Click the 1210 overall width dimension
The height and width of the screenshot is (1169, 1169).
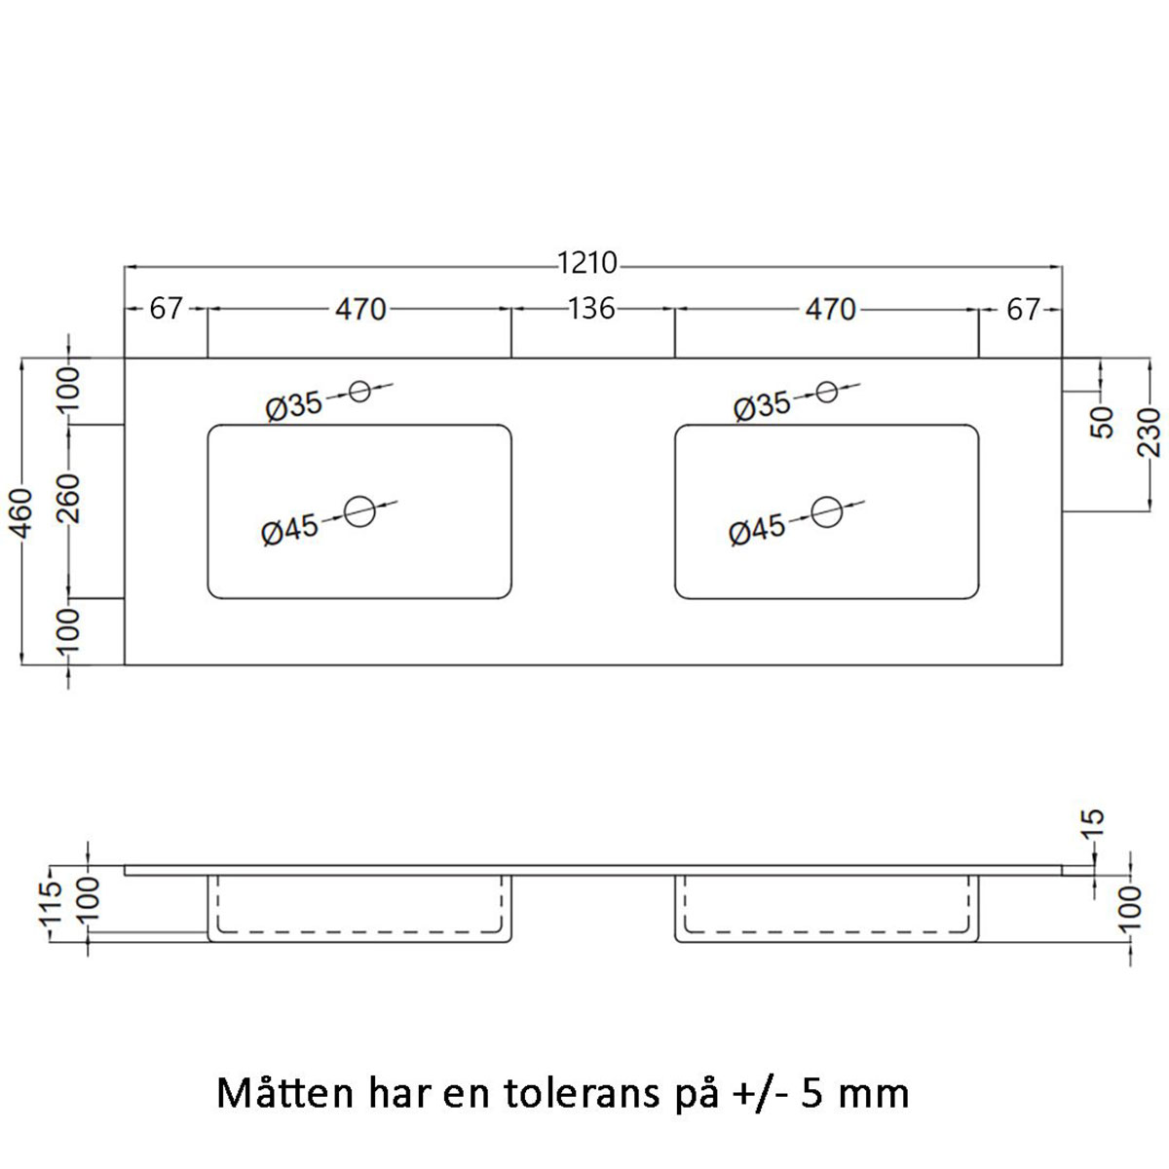pyautogui.click(x=587, y=264)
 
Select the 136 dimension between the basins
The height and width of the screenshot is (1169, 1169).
pyautogui.click(x=591, y=309)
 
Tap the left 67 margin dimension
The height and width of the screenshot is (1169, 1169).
pyautogui.click(x=166, y=309)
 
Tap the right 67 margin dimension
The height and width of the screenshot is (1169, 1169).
pyautogui.click(x=1023, y=310)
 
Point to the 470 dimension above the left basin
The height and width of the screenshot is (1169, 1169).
pyautogui.click(x=360, y=309)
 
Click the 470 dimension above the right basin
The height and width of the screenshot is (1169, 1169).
pyautogui.click(x=829, y=309)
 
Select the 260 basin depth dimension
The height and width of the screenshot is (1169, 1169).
pyautogui.click(x=68, y=510)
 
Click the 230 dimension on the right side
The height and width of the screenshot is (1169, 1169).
pyautogui.click(x=1150, y=434)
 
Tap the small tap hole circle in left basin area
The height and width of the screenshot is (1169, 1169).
pyautogui.click(x=359, y=392)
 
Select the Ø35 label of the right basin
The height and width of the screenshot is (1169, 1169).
pyautogui.click(x=762, y=405)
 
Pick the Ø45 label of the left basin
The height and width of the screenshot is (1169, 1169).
pyautogui.click(x=290, y=529)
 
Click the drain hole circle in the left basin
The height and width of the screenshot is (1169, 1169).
pyautogui.click(x=359, y=510)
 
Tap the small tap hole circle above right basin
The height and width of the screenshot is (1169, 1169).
pyautogui.click(x=827, y=392)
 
